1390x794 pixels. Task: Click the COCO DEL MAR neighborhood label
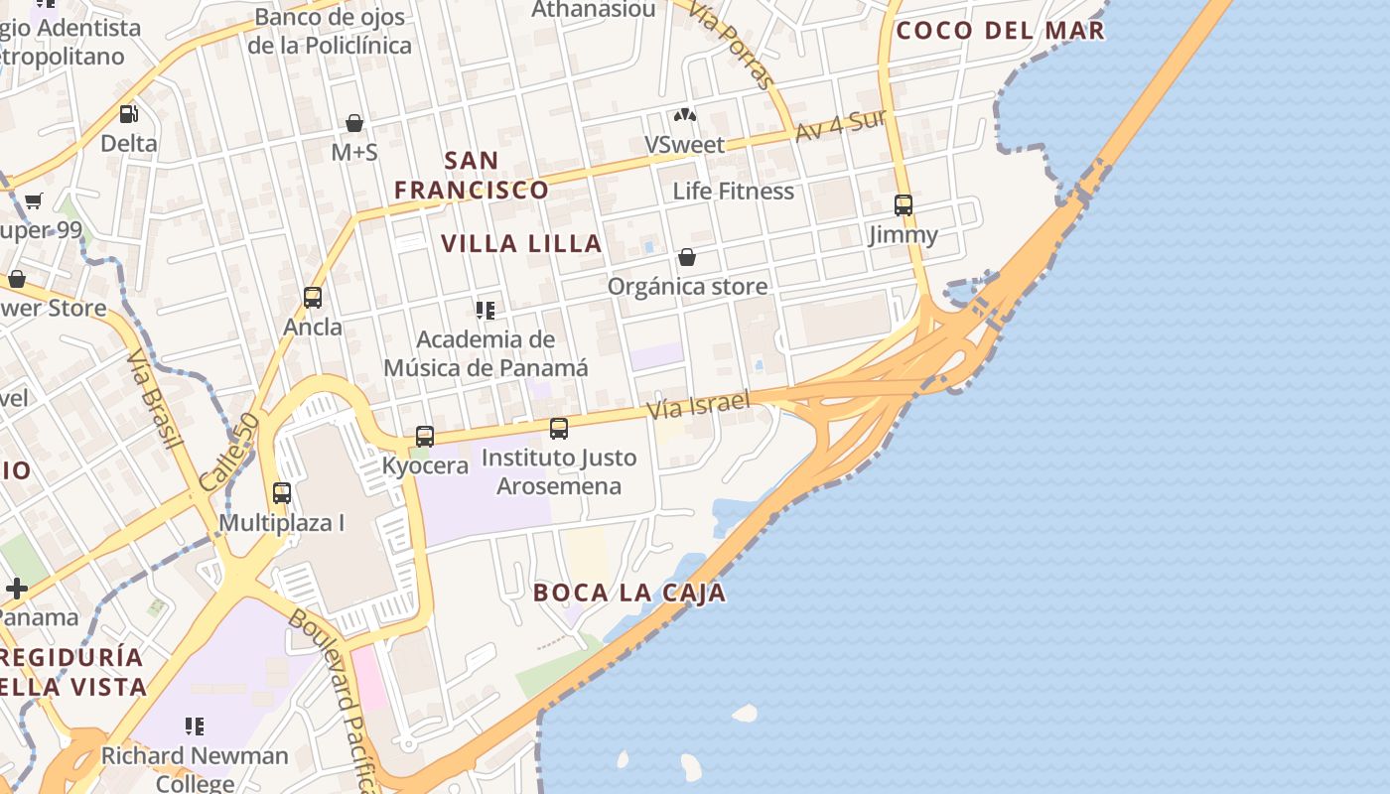(1000, 30)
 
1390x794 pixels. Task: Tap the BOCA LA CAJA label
(629, 593)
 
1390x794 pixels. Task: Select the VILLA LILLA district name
(521, 243)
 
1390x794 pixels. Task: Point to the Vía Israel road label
(697, 403)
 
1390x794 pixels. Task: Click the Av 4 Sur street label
(840, 125)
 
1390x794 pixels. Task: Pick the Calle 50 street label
(228, 452)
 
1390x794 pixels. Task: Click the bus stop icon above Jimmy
(903, 205)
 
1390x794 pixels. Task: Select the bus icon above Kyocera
(425, 436)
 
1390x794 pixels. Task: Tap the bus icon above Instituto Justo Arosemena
(559, 429)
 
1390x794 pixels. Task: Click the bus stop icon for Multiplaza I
(282, 493)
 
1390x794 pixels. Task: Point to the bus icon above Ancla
(313, 298)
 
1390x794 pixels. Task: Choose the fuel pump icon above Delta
(128, 114)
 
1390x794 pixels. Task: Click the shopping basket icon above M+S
(354, 123)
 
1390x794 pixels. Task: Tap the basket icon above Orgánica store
(687, 258)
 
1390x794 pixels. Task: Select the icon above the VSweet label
(685, 115)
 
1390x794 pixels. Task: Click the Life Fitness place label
(734, 191)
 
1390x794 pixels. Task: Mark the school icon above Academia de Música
(486, 311)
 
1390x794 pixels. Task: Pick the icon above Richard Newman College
(195, 727)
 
